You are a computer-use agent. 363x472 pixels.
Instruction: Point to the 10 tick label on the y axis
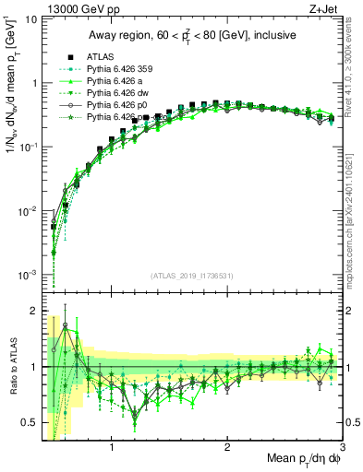point(30,18)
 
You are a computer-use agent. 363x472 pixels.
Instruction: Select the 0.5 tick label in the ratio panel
point(29,423)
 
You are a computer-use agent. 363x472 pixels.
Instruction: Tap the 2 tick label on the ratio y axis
point(33,310)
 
